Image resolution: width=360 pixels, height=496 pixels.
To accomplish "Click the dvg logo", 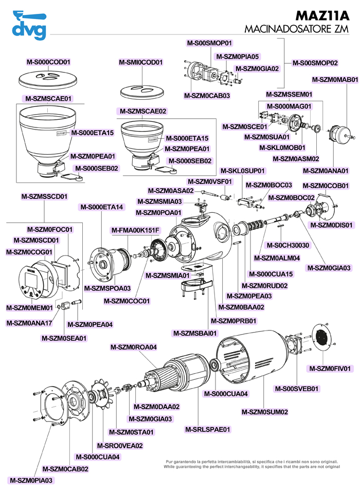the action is [29, 25].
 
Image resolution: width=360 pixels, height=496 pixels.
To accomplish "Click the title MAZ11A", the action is [322, 15].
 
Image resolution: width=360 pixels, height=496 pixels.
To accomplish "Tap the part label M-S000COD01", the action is [48, 62].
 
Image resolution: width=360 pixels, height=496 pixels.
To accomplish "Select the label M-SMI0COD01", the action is [140, 62].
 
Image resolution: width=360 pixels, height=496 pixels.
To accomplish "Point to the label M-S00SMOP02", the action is [315, 63].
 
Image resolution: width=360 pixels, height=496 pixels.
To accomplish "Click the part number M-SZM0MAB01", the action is [335, 80].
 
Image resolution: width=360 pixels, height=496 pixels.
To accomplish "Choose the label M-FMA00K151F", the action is [135, 230].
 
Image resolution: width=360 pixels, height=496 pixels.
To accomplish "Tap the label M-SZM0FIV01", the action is [330, 369].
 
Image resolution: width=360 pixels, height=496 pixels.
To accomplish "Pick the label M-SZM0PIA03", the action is [31, 480].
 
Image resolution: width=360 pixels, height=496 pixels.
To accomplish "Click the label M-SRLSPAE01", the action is [208, 429].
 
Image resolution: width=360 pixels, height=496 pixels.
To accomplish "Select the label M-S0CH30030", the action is [288, 245].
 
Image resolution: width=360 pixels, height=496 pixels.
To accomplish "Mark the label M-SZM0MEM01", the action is [29, 308].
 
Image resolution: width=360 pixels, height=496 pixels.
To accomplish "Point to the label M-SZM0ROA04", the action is [133, 347].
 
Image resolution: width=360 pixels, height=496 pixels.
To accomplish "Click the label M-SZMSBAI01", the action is [195, 333].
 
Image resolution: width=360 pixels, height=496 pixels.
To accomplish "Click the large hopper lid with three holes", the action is [47, 79].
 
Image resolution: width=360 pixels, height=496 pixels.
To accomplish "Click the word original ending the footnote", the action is [332, 467].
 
